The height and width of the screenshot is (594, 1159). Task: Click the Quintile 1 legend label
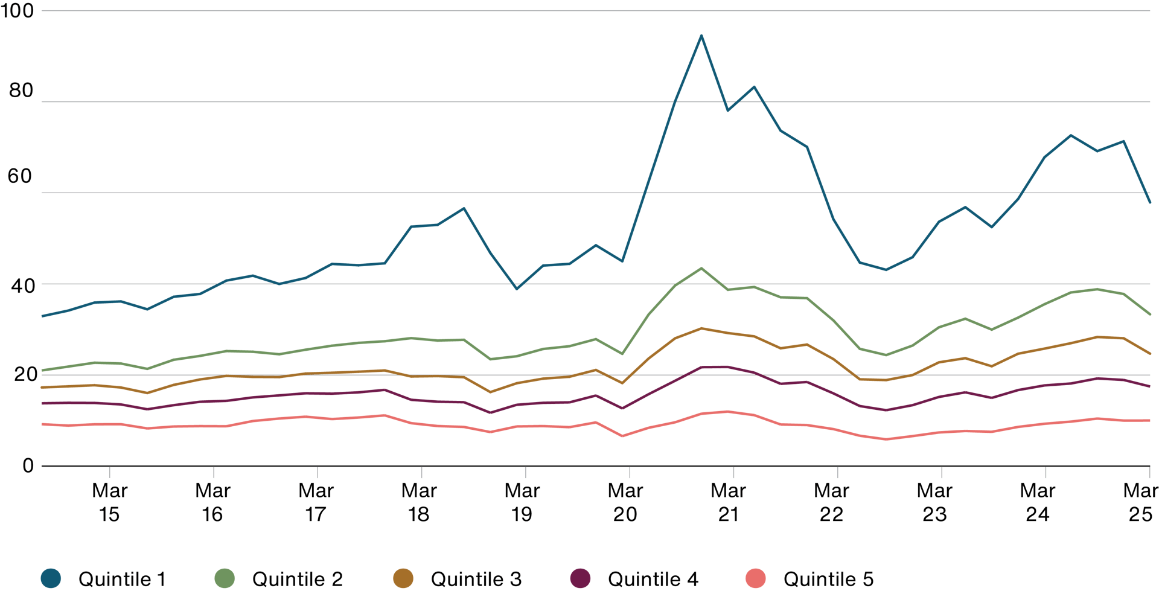click(121, 579)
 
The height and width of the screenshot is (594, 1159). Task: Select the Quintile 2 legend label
click(297, 579)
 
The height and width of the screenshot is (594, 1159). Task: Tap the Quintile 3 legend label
click(476, 579)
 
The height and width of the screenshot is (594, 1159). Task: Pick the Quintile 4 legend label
click(653, 579)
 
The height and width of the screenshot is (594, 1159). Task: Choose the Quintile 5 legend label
click(828, 579)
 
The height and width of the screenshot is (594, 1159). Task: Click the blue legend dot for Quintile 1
click(51, 578)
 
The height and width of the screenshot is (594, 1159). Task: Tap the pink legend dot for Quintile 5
click(756, 578)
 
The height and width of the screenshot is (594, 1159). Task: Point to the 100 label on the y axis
click(18, 11)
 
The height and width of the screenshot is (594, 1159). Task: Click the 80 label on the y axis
click(21, 91)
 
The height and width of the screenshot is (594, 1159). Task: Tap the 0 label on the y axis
click(28, 465)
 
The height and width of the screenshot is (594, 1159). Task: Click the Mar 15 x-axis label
click(109, 502)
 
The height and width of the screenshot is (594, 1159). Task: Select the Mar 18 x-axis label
click(419, 502)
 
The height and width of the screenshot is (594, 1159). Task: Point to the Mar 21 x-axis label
click(729, 502)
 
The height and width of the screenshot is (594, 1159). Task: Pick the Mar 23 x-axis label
click(934, 502)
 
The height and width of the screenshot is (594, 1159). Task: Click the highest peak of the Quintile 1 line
click(701, 36)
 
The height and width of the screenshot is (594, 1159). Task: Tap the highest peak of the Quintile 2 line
click(701, 268)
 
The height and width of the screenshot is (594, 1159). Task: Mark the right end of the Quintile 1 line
click(1150, 202)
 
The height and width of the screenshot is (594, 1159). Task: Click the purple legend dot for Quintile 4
click(581, 578)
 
